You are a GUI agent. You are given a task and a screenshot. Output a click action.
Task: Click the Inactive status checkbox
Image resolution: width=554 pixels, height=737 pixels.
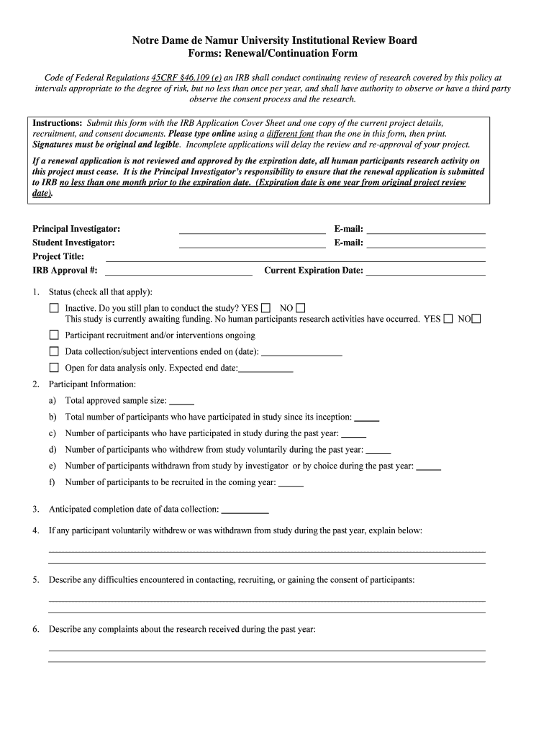click(x=54, y=308)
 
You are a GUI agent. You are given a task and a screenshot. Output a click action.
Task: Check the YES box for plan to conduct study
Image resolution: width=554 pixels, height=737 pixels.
click(x=266, y=307)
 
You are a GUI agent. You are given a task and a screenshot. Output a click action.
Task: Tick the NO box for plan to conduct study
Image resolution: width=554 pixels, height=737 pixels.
click(x=301, y=307)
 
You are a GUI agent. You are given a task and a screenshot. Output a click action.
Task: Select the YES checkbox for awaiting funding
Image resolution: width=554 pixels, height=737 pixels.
click(x=448, y=319)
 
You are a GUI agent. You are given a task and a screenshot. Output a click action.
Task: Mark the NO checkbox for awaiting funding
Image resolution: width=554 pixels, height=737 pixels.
click(x=476, y=319)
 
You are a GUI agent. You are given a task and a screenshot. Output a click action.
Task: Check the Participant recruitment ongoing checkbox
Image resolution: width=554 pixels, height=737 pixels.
click(x=54, y=335)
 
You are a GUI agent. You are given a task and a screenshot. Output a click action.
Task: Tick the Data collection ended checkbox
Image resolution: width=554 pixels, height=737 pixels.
click(x=54, y=351)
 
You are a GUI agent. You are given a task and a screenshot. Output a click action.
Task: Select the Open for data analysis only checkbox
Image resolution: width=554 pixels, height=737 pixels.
click(x=54, y=368)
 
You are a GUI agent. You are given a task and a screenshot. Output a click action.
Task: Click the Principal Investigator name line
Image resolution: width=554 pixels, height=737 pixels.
click(x=252, y=230)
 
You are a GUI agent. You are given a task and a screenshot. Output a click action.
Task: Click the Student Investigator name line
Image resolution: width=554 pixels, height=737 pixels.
click(x=252, y=245)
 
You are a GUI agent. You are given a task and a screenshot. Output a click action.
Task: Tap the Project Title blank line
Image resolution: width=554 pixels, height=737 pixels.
click(x=295, y=258)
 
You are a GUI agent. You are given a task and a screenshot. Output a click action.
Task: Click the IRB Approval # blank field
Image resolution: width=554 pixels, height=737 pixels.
click(x=178, y=272)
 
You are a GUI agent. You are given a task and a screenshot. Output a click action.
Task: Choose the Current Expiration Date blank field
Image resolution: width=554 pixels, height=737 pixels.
click(x=425, y=272)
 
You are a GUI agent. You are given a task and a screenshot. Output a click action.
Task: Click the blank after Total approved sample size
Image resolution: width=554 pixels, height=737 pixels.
click(x=181, y=402)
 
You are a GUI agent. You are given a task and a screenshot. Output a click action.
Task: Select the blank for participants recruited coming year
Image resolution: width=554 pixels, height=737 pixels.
click(x=291, y=484)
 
